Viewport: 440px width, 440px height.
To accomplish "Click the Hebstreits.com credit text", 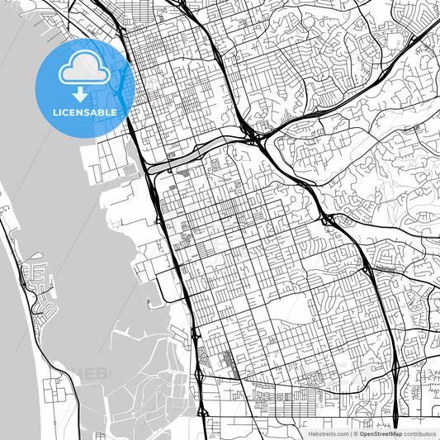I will pos(329,433).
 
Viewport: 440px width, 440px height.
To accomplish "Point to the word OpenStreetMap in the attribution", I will pos(380,433).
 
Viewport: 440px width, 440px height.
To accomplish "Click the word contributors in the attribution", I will pos(419,433).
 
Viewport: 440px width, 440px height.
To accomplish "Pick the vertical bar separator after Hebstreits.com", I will pos(349,433).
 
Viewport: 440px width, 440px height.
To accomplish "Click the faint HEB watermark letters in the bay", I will pos(92,373).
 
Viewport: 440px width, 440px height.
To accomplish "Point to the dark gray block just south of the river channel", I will pos(182,173).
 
